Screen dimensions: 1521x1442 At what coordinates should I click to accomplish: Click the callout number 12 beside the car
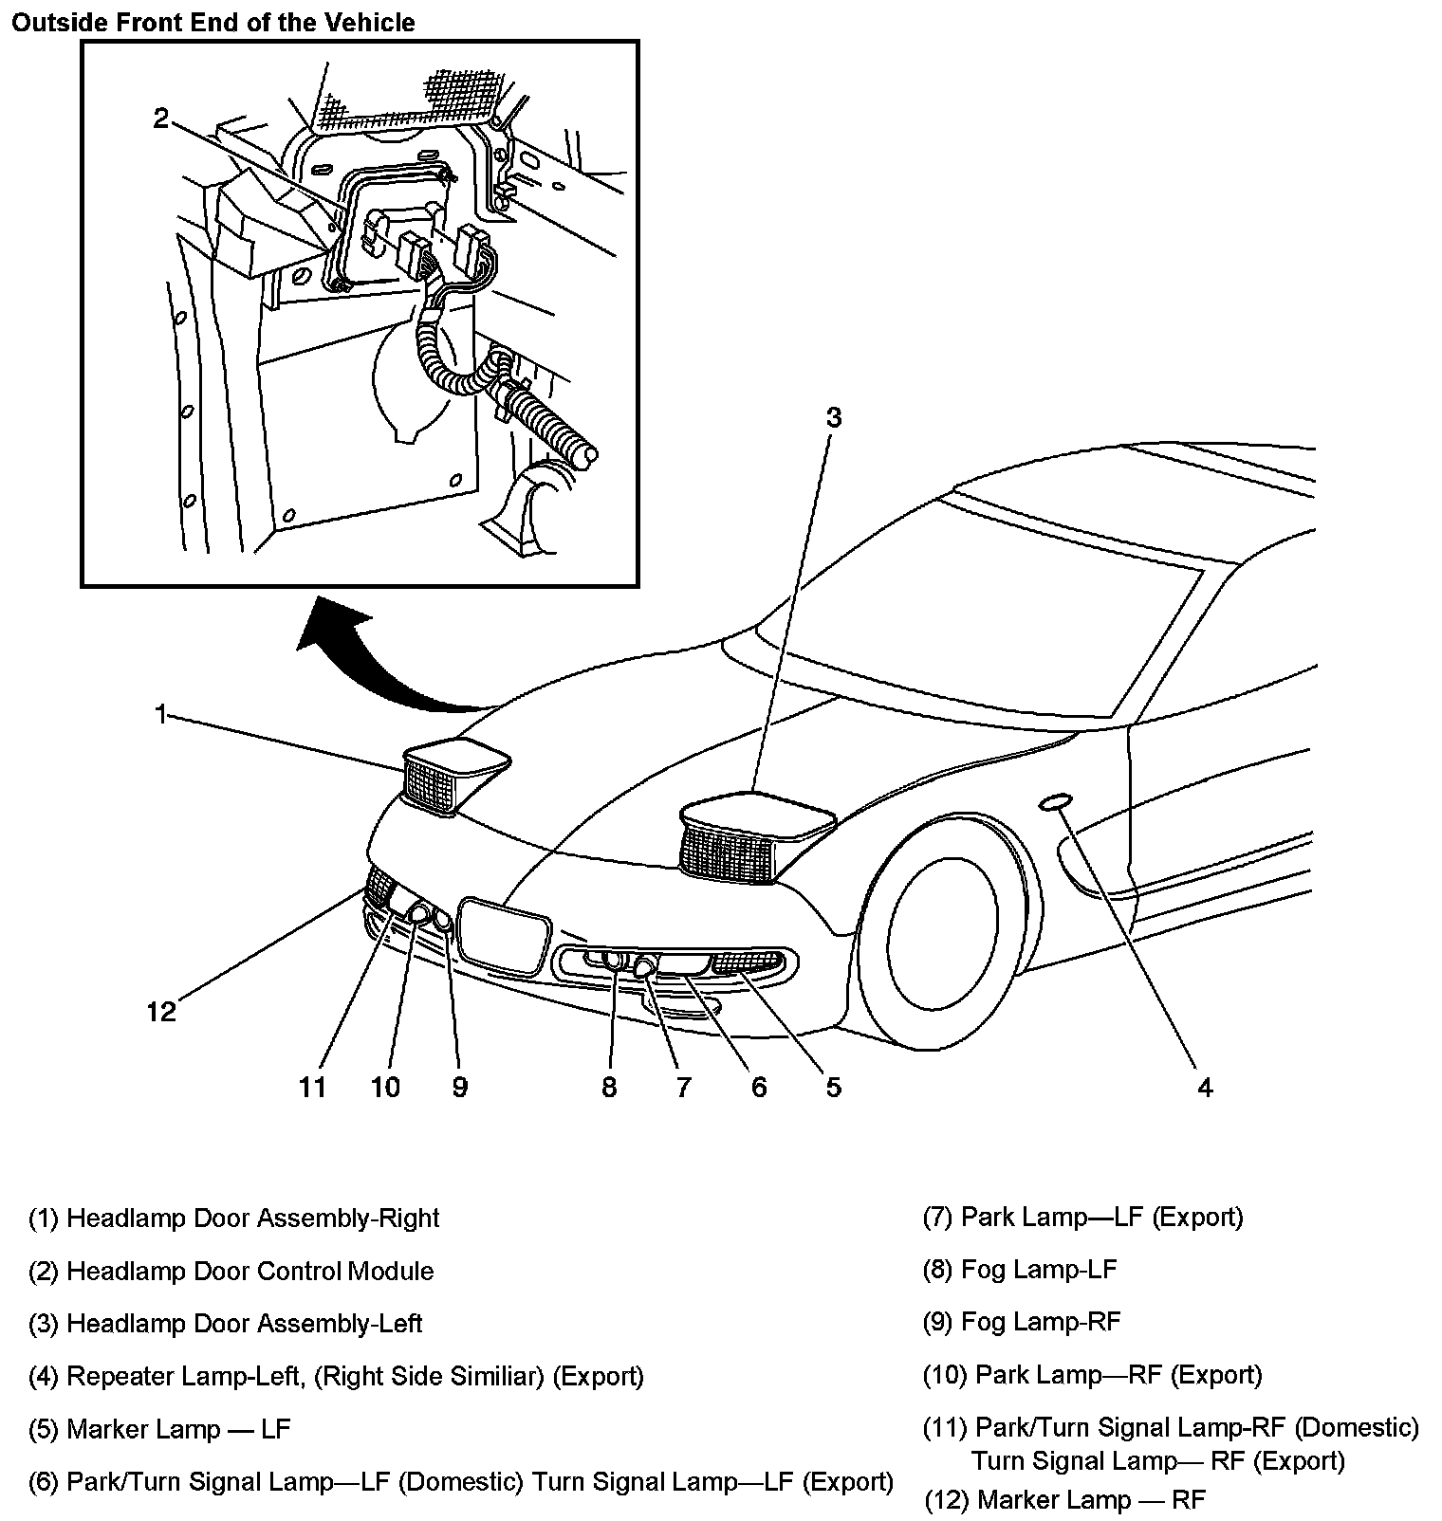[x=162, y=1012]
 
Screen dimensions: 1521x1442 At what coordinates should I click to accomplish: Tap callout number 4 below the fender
[x=1204, y=1087]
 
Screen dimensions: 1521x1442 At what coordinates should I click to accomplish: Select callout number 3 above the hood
[x=833, y=418]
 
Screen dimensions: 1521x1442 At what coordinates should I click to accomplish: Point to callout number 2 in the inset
[x=161, y=118]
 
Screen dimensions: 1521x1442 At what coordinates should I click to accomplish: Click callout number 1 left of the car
[x=161, y=713]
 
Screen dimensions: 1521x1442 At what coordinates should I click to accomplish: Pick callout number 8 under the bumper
[x=609, y=1087]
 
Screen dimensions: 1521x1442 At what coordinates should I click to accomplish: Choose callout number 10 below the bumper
[x=385, y=1087]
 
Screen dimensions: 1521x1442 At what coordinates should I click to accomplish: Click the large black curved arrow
[x=379, y=664]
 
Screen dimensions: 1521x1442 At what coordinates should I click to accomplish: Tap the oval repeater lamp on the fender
[x=1055, y=804]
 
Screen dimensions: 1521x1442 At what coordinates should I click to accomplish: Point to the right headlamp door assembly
[x=451, y=773]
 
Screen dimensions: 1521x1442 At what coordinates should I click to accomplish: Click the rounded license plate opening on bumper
[x=503, y=934]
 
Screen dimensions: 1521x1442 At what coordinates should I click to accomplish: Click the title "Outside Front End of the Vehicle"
[x=213, y=22]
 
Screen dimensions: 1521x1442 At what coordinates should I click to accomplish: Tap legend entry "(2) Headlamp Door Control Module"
[x=231, y=1271]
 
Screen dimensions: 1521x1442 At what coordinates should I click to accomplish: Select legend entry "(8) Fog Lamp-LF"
[x=1020, y=1269]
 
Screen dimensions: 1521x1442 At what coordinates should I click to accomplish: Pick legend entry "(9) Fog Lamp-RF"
[x=1022, y=1322]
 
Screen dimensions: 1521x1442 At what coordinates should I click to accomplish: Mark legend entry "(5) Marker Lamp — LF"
[x=160, y=1429]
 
